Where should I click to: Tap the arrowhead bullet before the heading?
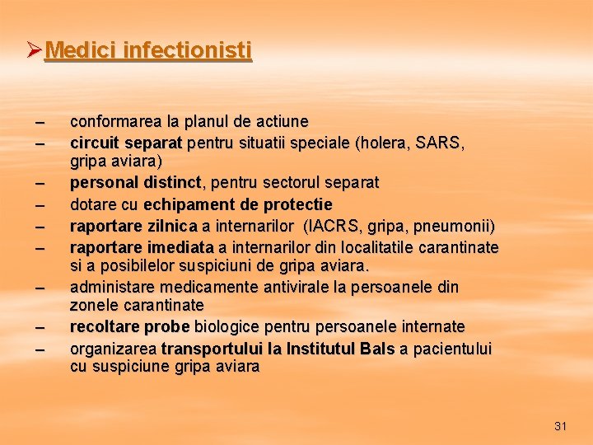[x=34, y=51]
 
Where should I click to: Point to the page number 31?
[x=561, y=426]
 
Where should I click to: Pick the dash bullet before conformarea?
[x=39, y=123]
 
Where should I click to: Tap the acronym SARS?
[x=439, y=143]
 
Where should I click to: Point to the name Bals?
[x=378, y=349]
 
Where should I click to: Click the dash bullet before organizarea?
[x=39, y=349]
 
